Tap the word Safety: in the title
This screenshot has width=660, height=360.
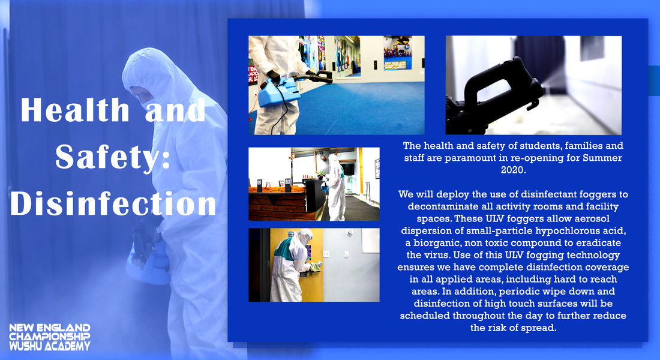pos(113,157)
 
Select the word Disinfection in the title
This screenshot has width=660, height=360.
pos(113,203)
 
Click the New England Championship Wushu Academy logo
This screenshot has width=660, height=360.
pos(50,337)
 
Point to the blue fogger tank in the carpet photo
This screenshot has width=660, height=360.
pos(278,91)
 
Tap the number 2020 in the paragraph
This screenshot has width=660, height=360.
pos(513,170)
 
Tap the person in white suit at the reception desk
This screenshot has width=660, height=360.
pos(336,187)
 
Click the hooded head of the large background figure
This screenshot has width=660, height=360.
pos(149,76)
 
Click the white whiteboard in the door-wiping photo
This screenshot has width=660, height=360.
pos(370,241)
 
